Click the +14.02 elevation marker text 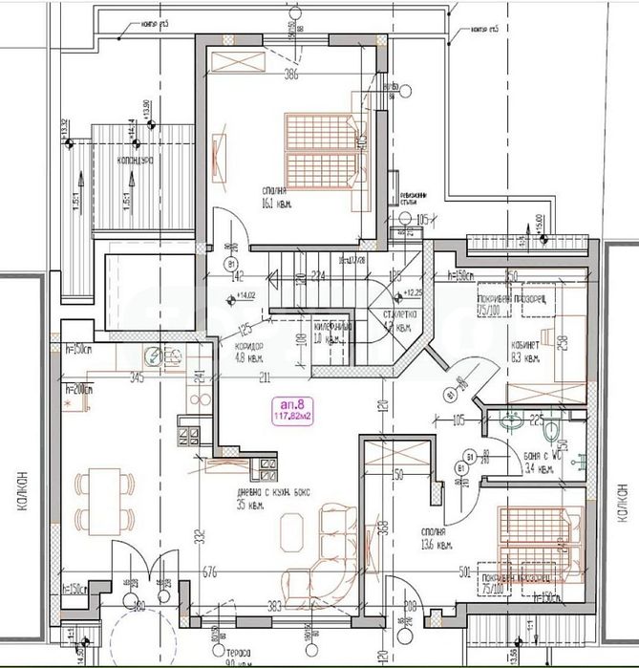pos(248,295)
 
